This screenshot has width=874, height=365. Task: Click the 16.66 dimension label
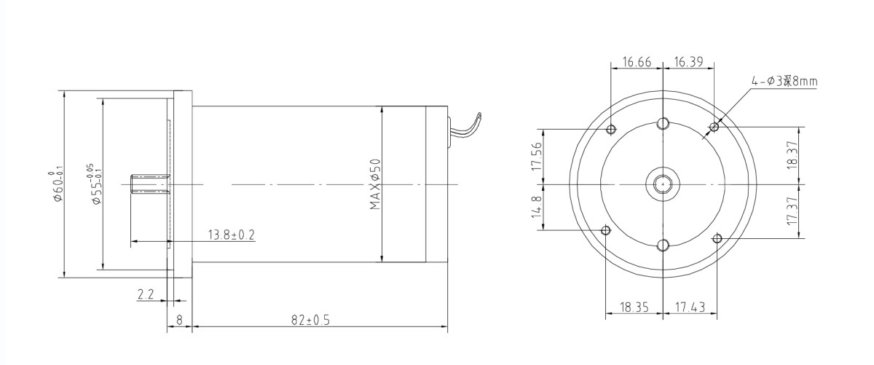pyautogui.click(x=636, y=63)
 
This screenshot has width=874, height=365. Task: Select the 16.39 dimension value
pyautogui.click(x=688, y=63)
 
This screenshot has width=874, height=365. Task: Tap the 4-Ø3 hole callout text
pyautogui.click(x=784, y=82)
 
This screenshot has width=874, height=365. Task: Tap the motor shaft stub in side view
pyautogui.click(x=149, y=184)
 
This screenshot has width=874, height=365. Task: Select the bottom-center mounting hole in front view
pyautogui.click(x=663, y=245)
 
